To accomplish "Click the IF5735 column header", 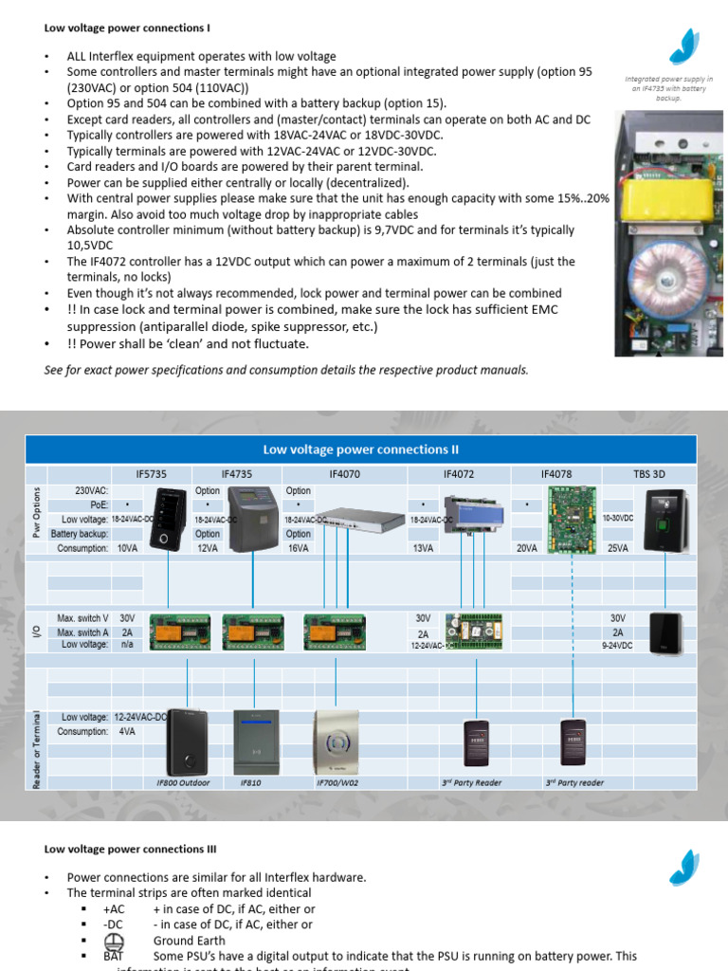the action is coord(153,472).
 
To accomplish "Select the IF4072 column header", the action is coord(459,472).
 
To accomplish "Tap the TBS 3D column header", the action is coord(649,472).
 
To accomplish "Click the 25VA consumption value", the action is coord(618,548).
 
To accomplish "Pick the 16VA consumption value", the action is coord(298,548).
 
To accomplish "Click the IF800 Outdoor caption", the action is coord(183,782).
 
